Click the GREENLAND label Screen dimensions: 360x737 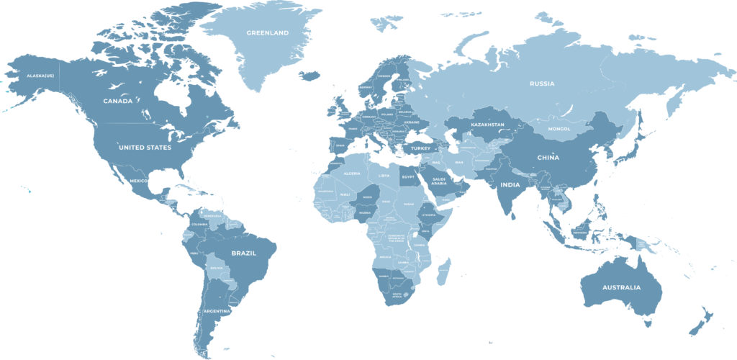(267, 33)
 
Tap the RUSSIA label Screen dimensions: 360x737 (542, 84)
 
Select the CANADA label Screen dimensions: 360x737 (117, 101)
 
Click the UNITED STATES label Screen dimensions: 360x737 (145, 148)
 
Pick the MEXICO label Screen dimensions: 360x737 (138, 180)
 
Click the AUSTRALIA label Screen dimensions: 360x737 (620, 288)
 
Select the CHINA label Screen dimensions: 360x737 (548, 158)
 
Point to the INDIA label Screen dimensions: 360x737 (510, 185)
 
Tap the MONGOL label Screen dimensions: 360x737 (559, 130)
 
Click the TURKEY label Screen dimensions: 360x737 (420, 148)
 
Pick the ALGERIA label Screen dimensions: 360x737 (353, 174)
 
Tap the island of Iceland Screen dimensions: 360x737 (309, 75)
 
